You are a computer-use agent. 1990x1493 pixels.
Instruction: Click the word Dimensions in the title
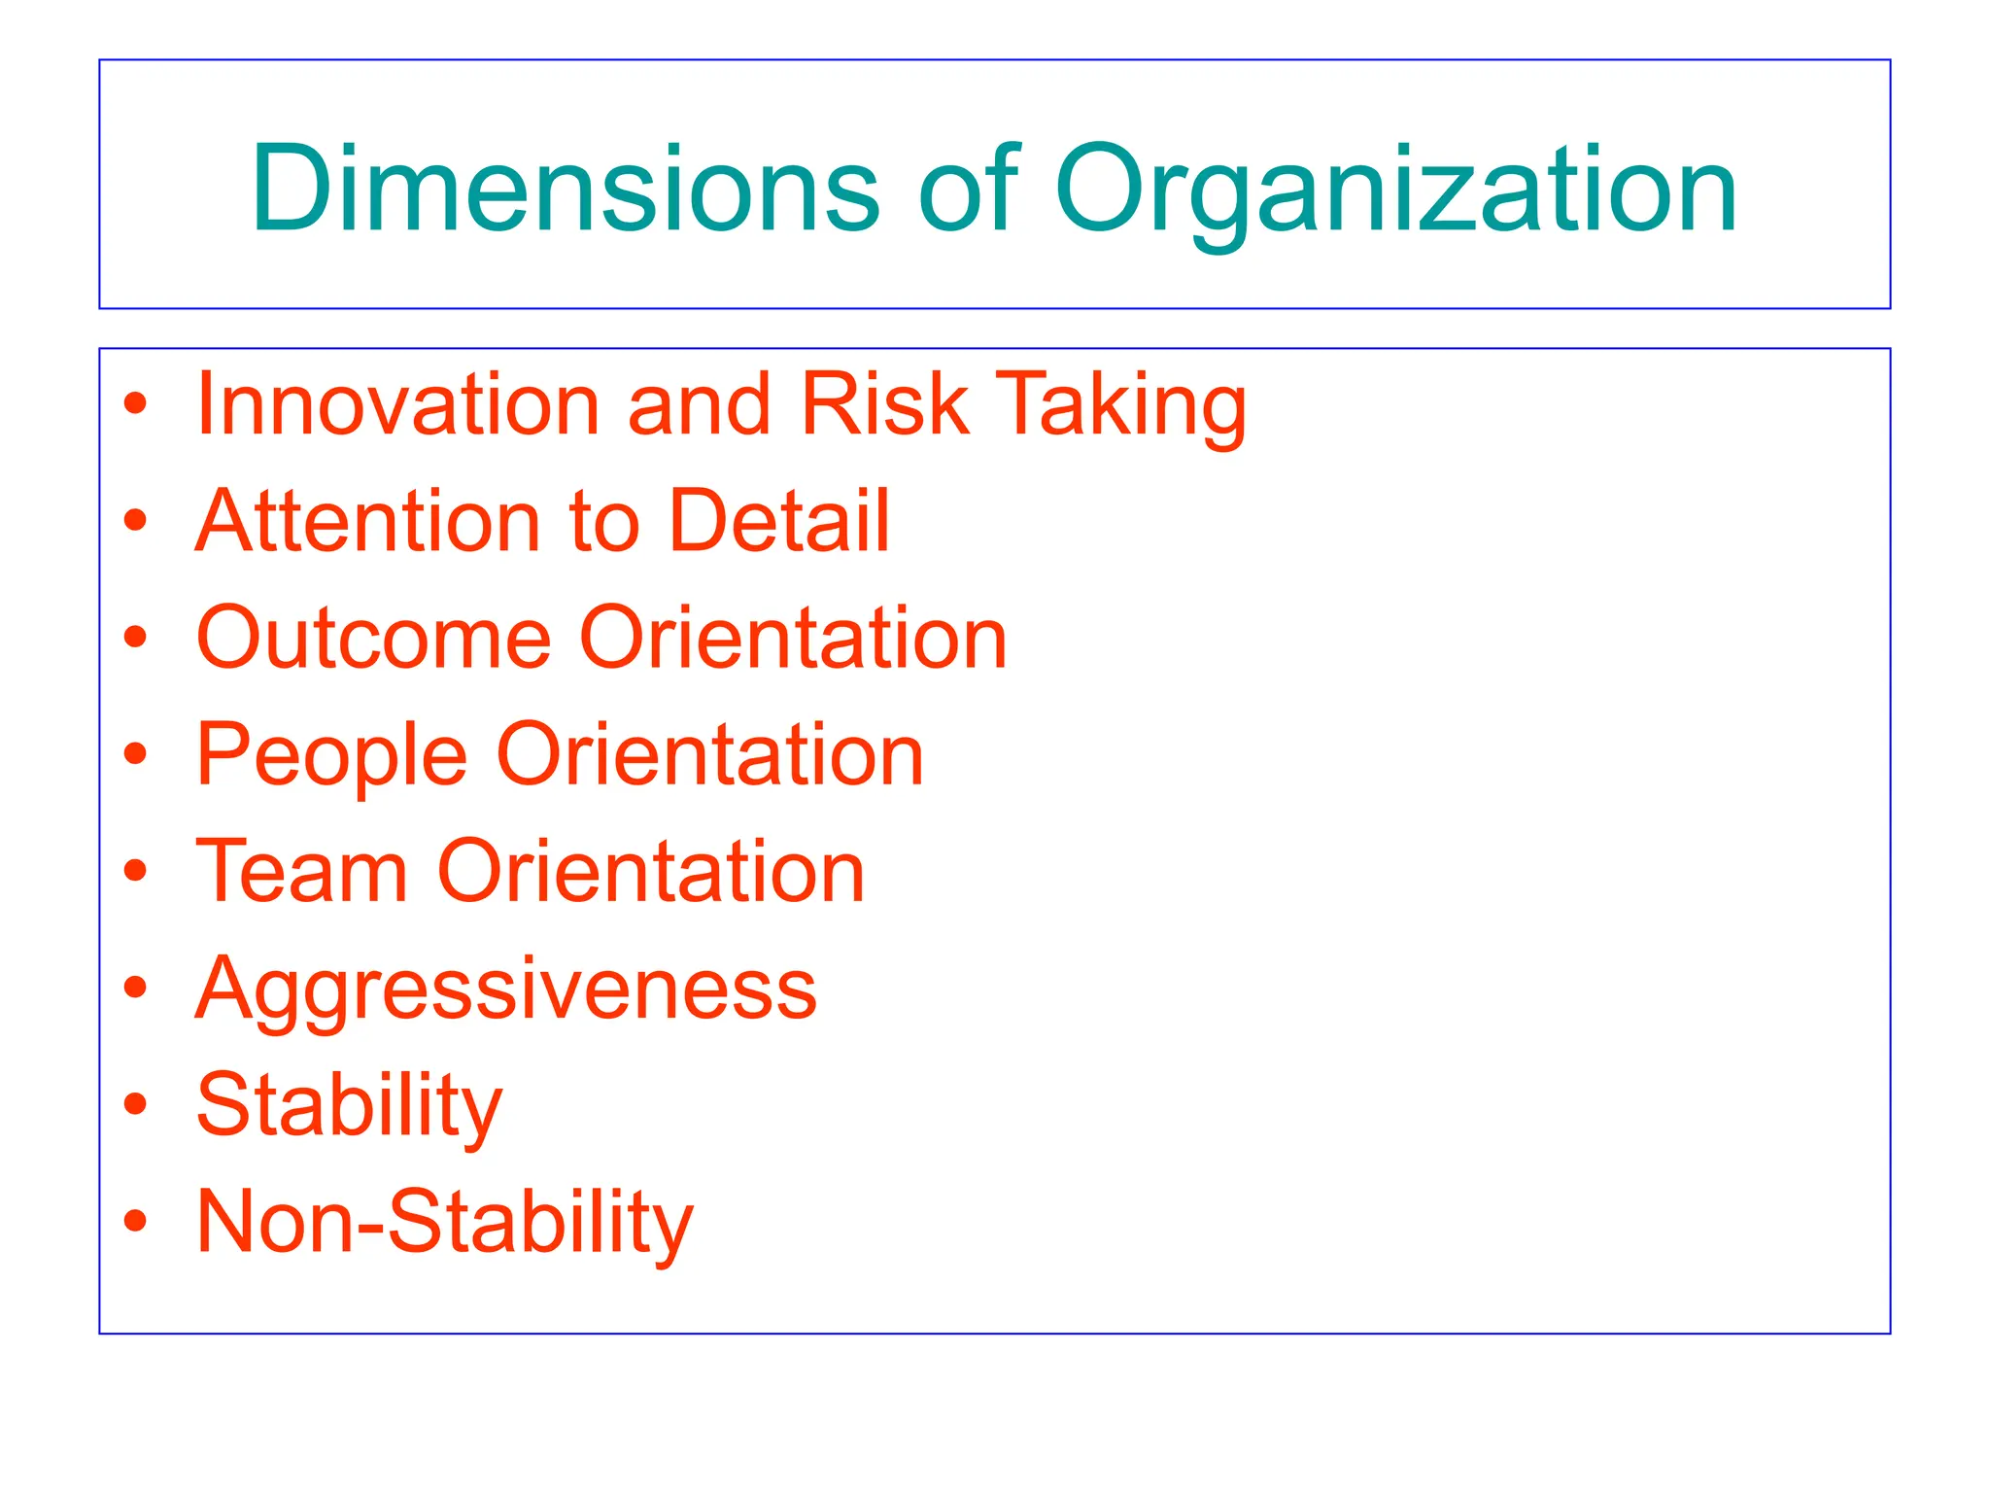[565, 189]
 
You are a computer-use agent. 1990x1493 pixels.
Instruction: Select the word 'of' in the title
[968, 189]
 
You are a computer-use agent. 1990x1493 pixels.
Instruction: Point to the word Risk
[884, 404]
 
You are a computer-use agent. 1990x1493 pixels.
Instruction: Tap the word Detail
[778, 521]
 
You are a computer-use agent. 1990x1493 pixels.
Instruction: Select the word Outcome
[373, 639]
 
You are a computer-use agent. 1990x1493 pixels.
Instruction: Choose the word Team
[301, 872]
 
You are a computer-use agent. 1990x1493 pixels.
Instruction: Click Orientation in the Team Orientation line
[651, 872]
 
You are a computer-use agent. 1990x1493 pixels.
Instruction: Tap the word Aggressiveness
[506, 990]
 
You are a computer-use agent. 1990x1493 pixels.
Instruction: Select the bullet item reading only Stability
[349, 1106]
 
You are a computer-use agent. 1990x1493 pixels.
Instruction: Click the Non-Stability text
[445, 1223]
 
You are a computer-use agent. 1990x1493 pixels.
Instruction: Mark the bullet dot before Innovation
[136, 403]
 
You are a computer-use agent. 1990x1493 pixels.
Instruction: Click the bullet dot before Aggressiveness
[136, 988]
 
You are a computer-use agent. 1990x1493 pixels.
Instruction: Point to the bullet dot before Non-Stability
[136, 1221]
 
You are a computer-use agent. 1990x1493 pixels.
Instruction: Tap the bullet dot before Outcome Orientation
[136, 637]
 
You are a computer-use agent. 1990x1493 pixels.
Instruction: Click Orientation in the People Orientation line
[710, 755]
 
